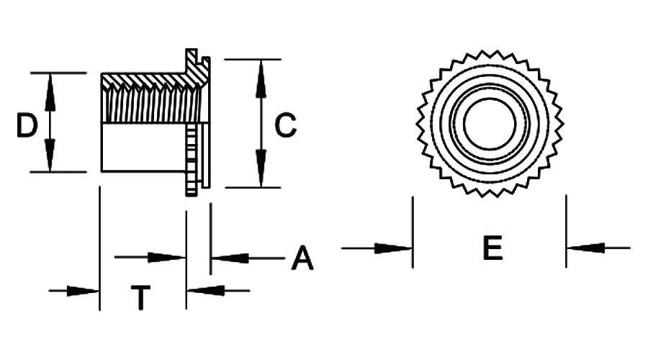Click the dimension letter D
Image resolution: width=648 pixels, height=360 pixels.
click(x=27, y=126)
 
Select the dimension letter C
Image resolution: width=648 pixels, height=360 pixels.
click(x=286, y=125)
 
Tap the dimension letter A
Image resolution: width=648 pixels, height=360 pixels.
click(x=302, y=258)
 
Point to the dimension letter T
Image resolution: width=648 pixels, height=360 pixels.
click(x=141, y=297)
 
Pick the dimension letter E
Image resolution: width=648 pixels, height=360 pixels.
click(x=492, y=248)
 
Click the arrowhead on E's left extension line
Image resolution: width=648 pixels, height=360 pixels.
click(x=393, y=248)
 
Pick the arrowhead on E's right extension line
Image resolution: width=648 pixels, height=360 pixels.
click(x=585, y=248)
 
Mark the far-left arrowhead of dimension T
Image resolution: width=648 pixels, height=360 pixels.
click(x=83, y=291)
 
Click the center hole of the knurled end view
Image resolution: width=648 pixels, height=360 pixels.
click(x=490, y=124)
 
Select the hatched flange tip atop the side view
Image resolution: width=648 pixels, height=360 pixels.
click(x=192, y=61)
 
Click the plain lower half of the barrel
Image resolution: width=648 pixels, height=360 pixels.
click(x=143, y=147)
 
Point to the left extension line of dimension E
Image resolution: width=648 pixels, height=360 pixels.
click(x=413, y=232)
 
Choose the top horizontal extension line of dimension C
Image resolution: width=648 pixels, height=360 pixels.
click(x=253, y=60)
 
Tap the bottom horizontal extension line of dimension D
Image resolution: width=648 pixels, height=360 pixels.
click(x=58, y=171)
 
